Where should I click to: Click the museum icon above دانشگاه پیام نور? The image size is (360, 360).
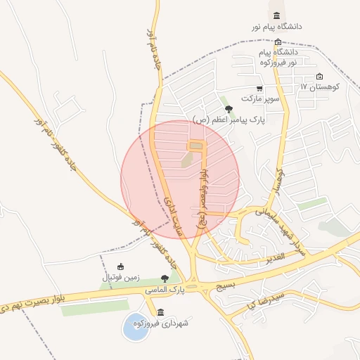(x=276, y=16)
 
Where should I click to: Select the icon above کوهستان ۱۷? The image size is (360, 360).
(x=320, y=77)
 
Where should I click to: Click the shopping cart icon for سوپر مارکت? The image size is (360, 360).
(x=259, y=89)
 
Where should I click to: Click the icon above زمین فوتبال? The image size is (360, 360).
(x=121, y=266)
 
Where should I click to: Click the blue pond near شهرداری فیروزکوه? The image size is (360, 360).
(x=136, y=328)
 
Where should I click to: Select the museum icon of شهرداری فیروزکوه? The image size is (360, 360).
(x=161, y=312)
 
